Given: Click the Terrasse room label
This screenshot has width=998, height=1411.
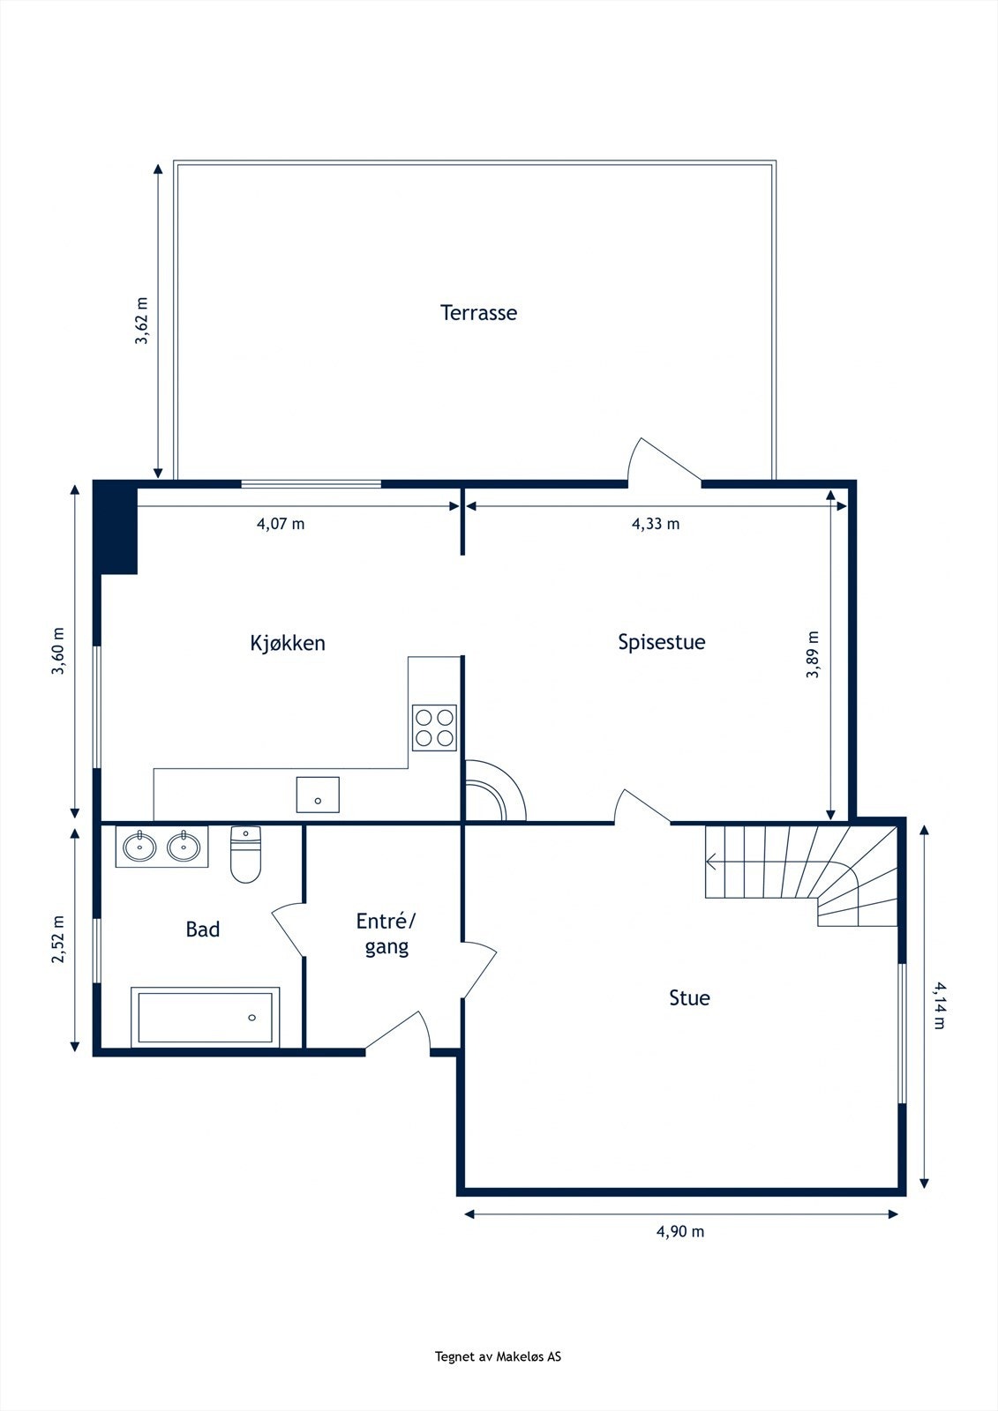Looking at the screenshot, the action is (x=478, y=312).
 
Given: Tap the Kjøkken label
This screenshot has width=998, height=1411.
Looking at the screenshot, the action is (x=288, y=643).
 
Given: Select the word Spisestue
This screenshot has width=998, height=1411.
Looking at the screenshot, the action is (x=661, y=642).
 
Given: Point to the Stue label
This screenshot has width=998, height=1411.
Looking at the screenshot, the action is (x=689, y=997).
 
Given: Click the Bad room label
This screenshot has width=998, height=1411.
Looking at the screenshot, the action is (x=202, y=929).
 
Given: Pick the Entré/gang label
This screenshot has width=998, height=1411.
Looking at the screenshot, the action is (x=386, y=934).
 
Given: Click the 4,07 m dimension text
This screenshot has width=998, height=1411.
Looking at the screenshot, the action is (x=281, y=524).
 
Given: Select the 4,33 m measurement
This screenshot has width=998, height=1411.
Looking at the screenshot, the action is (x=656, y=524).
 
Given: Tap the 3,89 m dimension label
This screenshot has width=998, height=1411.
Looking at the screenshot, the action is (x=813, y=654).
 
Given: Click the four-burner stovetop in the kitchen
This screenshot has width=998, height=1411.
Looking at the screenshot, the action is (x=434, y=728).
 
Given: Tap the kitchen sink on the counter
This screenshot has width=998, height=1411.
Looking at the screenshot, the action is (x=318, y=795).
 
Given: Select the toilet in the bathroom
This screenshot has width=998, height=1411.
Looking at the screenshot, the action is (x=245, y=855).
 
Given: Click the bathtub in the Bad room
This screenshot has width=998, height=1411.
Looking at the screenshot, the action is (x=206, y=1018).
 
